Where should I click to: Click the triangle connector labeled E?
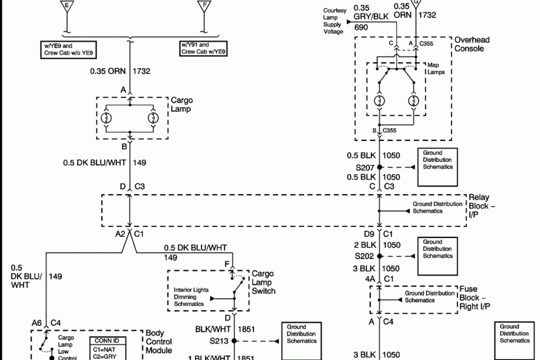(67, 6)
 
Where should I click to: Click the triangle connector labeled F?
(204, 6)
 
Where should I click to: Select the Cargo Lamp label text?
(182, 105)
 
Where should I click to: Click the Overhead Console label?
(472, 44)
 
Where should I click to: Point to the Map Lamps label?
(435, 69)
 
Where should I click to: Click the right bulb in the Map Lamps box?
(413, 101)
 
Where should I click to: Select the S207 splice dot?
(379, 167)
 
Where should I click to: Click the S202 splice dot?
(379, 255)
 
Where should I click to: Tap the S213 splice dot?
(233, 341)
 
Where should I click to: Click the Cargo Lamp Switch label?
(263, 282)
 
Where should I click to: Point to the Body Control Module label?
(158, 343)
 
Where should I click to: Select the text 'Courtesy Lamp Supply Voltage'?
(334, 21)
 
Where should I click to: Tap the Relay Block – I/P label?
(482, 206)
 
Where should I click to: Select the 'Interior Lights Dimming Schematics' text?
(191, 296)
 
